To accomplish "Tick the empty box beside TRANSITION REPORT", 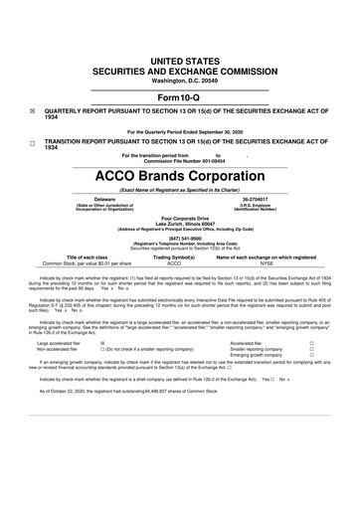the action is pyautogui.click(x=34, y=141).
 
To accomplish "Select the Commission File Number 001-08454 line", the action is pyautogui.click(x=179, y=163).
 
